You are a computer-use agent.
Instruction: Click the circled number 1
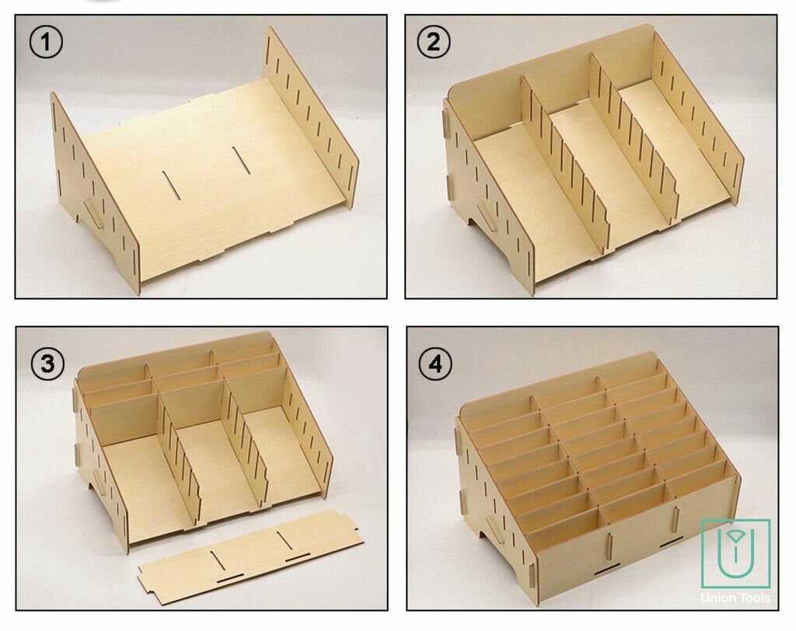[46, 42]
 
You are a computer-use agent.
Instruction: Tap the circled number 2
[433, 42]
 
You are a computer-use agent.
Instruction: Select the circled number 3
[47, 364]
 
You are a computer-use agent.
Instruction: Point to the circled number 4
[435, 364]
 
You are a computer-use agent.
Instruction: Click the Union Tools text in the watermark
[735, 598]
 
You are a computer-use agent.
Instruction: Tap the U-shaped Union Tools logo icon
[735, 553]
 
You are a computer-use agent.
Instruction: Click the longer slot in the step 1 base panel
[242, 160]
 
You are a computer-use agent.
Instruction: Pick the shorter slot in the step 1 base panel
[171, 186]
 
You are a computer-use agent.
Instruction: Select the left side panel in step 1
[94, 193]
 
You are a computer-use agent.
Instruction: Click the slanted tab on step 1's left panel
[93, 214]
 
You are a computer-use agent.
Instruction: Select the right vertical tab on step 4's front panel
[676, 519]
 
